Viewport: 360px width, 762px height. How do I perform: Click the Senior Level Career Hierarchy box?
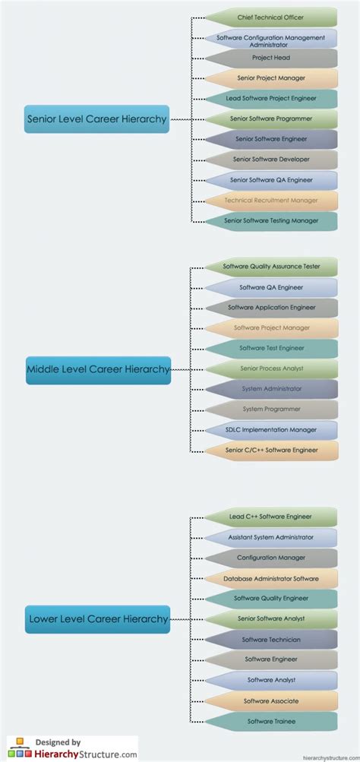point(96,119)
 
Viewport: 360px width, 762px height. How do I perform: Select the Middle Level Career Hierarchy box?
point(98,369)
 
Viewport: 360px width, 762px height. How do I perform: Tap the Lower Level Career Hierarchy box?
point(98,619)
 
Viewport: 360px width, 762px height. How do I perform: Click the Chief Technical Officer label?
point(271,17)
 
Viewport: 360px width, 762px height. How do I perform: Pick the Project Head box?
point(271,58)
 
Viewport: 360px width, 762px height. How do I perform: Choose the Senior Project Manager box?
point(271,78)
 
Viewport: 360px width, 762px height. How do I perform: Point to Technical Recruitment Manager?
point(271,201)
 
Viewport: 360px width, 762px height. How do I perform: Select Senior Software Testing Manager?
point(271,221)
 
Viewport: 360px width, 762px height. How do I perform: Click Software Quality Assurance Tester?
point(271,267)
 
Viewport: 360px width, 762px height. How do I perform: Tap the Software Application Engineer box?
point(271,308)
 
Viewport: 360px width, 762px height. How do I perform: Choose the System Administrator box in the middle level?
point(271,389)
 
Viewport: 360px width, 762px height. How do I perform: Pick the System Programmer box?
point(271,409)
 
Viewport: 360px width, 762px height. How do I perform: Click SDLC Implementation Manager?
point(271,430)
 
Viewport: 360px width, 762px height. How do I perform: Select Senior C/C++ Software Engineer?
point(271,451)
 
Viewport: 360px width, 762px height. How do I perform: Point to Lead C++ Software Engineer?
point(271,517)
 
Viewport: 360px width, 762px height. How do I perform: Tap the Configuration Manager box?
point(271,558)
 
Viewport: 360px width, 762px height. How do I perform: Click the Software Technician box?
point(271,640)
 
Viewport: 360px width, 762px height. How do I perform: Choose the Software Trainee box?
point(271,722)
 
